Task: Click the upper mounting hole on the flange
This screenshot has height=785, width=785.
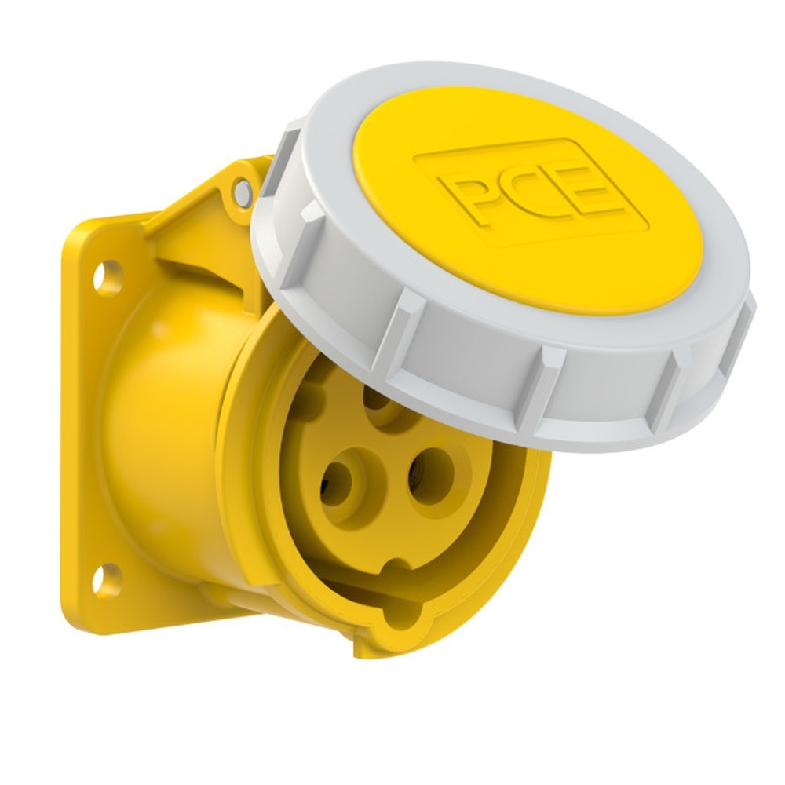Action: (108, 277)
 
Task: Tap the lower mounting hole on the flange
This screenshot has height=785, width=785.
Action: (106, 580)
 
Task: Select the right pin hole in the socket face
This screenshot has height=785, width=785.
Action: (431, 476)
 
